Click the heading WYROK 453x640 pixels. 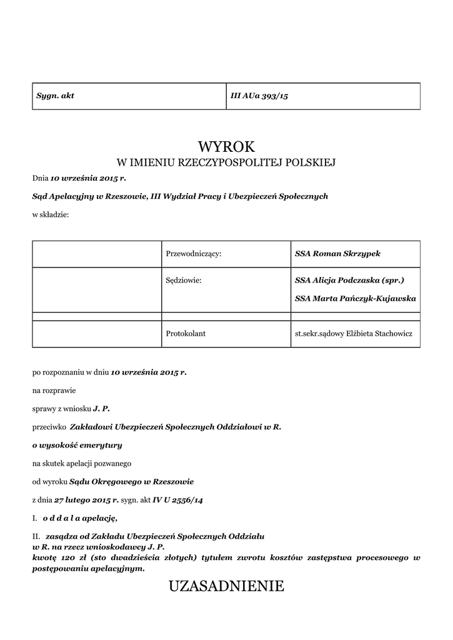pyautogui.click(x=226, y=147)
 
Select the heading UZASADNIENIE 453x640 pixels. pyautogui.click(x=226, y=586)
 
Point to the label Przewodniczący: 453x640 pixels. pyautogui.click(x=194, y=254)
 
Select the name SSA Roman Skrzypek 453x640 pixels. pyautogui.click(x=337, y=254)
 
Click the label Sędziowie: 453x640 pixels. pyautogui.click(x=184, y=281)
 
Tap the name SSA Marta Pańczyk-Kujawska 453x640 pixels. pyautogui.click(x=355, y=299)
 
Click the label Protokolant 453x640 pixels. pyautogui.click(x=186, y=334)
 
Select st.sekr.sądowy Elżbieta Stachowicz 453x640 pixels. pyautogui.click(x=354, y=334)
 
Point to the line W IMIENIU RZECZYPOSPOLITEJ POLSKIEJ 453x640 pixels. pyautogui.click(x=226, y=163)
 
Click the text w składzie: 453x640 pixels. pyautogui.click(x=51, y=214)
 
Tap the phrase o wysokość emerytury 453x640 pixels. pyautogui.click(x=77, y=445)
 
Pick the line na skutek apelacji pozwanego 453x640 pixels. pyautogui.click(x=82, y=463)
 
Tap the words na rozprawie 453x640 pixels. pyautogui.click(x=54, y=390)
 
